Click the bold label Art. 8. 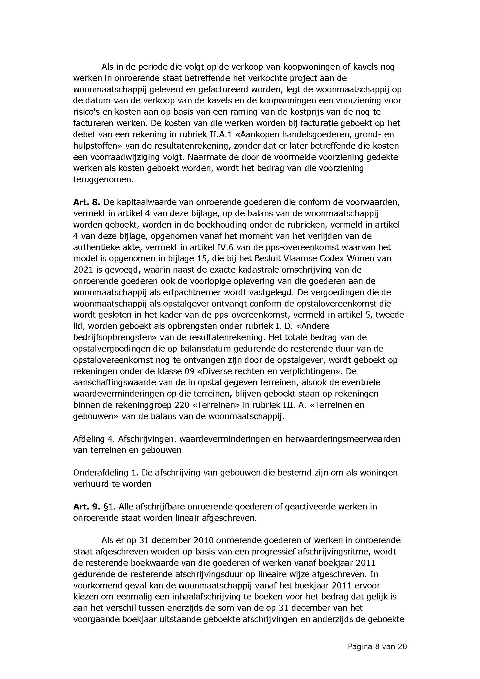(87, 202)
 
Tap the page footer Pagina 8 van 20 (377, 647)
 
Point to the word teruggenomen (103, 179)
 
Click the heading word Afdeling (86, 439)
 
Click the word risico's (86, 112)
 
